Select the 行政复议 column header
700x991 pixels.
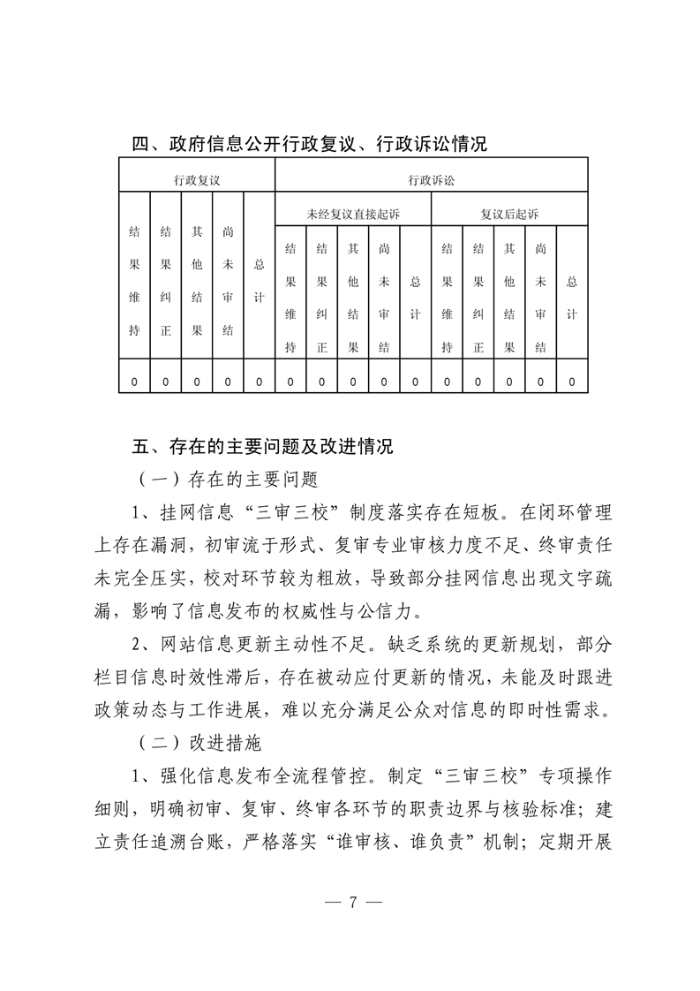(197, 179)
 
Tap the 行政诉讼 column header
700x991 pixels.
(431, 179)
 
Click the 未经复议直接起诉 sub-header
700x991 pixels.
(353, 214)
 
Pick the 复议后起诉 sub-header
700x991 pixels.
(509, 214)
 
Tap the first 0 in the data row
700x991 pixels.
(134, 382)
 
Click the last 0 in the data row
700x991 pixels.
(572, 382)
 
